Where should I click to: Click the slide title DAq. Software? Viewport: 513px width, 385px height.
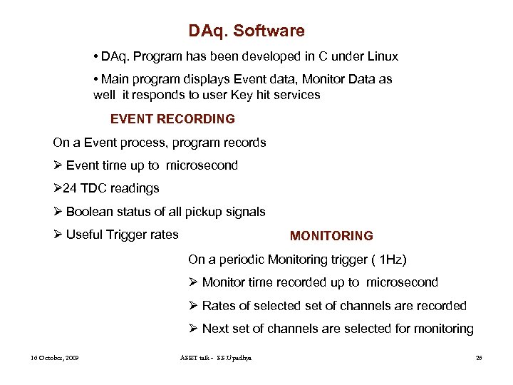(x=247, y=31)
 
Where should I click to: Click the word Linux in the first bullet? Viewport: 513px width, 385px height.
(x=381, y=56)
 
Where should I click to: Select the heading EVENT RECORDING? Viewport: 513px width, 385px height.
(x=172, y=119)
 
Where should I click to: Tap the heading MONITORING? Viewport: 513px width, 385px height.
(x=331, y=236)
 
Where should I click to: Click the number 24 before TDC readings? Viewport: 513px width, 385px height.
(x=68, y=189)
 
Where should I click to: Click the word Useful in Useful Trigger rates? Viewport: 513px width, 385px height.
(x=84, y=235)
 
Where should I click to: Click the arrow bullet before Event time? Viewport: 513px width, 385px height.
(x=58, y=165)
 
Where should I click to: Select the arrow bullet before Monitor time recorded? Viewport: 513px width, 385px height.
(x=193, y=283)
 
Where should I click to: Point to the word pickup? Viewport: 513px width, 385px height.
(x=204, y=212)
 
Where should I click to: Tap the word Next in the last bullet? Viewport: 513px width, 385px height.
(x=215, y=329)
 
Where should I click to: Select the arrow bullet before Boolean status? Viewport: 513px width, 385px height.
(x=58, y=212)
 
